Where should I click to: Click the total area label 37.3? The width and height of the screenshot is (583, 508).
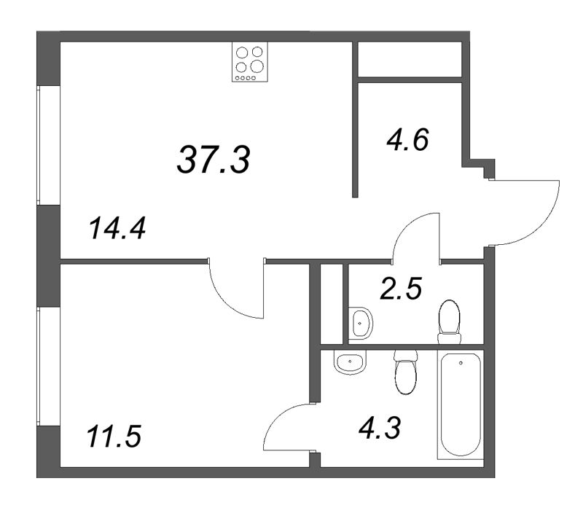point(214,158)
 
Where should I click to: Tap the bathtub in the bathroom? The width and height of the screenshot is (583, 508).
point(460,405)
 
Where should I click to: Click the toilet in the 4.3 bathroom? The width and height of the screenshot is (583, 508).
point(404,372)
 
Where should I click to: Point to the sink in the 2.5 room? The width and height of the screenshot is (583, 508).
point(360,323)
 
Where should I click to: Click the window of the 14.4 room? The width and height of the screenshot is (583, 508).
point(48,146)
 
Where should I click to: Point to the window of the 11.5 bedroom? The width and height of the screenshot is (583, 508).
point(48,367)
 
